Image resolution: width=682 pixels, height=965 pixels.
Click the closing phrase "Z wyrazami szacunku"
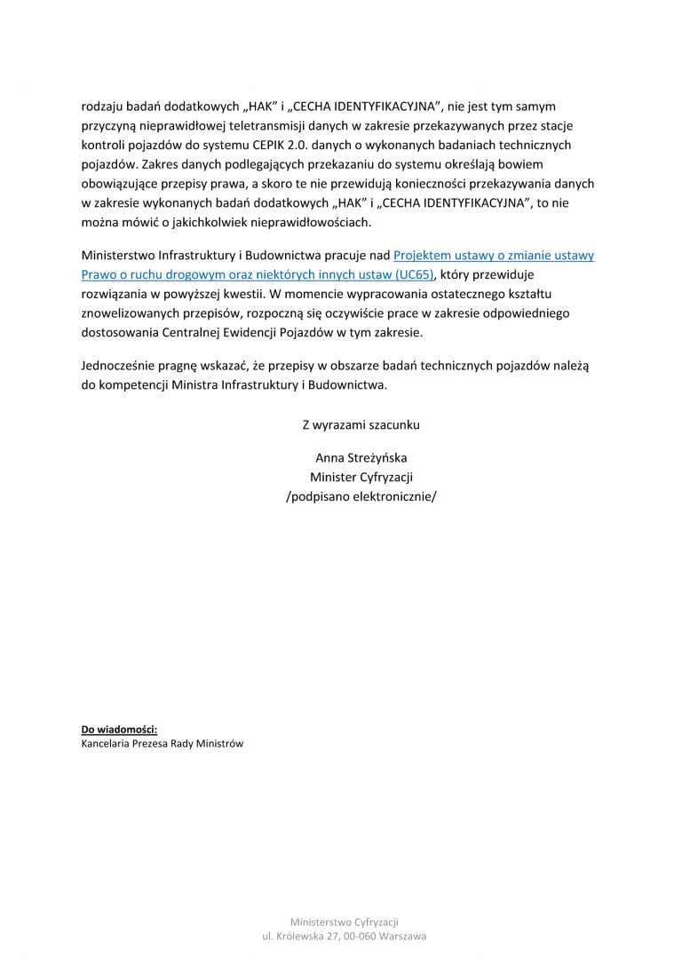pos(361,424)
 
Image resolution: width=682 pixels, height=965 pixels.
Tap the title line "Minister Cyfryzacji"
pos(361,477)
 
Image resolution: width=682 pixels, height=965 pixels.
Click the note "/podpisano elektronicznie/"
pos(361,496)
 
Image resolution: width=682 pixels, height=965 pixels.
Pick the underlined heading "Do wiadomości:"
pos(119,730)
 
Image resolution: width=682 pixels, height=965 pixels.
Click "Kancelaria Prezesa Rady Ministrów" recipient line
pos(162,743)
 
